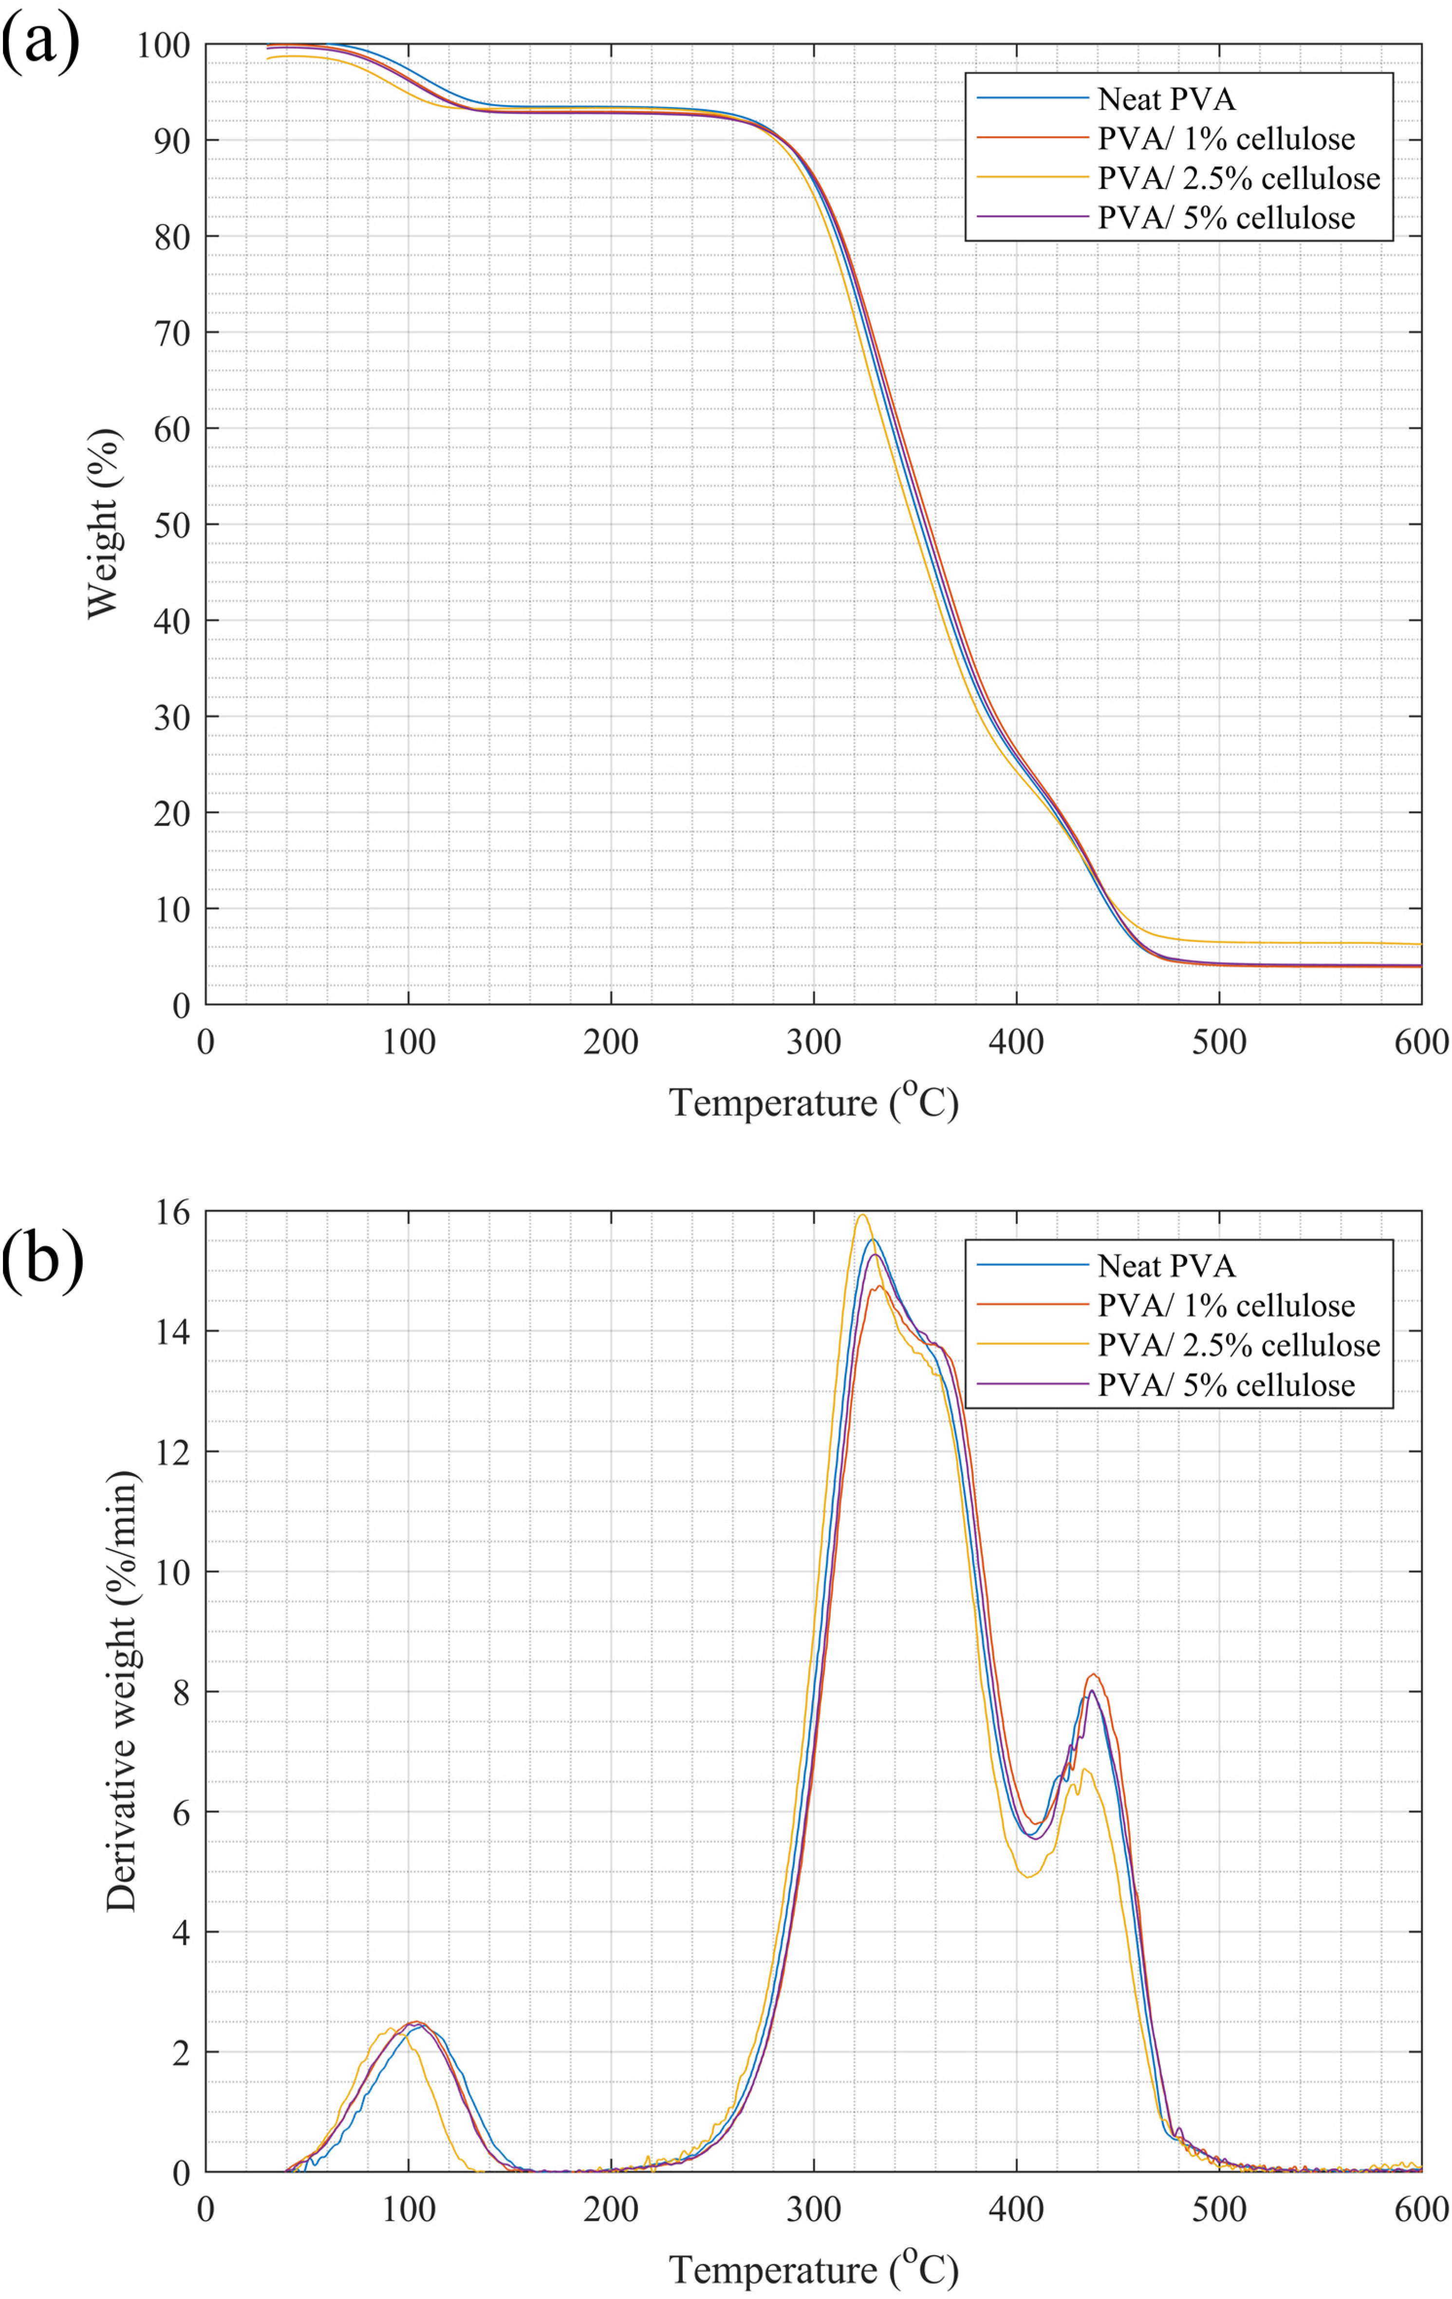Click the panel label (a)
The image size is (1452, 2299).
coord(40,43)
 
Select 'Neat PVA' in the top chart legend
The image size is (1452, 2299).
coord(1166,99)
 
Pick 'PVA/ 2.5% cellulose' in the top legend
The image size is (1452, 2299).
coord(1238,179)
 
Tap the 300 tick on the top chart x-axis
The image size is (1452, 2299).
coord(813,1043)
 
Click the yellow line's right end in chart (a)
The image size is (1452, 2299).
coord(1419,944)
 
